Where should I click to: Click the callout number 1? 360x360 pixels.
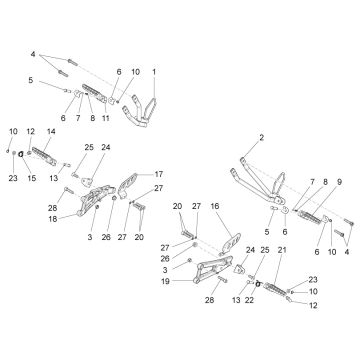(x=154, y=72)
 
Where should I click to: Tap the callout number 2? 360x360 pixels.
(x=262, y=137)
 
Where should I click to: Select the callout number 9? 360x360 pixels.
(x=339, y=182)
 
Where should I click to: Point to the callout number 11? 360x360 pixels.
(x=106, y=118)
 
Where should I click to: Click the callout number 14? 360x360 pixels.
(x=51, y=131)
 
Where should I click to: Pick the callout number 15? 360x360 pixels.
(x=32, y=178)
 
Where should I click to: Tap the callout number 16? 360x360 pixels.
(x=215, y=206)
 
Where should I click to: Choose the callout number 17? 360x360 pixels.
(x=159, y=174)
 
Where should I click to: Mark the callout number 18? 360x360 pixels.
(x=53, y=219)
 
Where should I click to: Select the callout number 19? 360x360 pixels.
(x=165, y=281)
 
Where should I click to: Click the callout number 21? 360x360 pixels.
(x=282, y=250)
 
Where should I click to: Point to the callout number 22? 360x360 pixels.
(x=249, y=300)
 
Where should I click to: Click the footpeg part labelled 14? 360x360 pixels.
(x=44, y=156)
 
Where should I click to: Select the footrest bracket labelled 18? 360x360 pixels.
(x=95, y=200)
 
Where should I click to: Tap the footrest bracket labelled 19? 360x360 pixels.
(x=213, y=268)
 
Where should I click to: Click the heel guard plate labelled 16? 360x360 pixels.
(x=231, y=243)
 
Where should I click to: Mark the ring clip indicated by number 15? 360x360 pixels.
(x=20, y=154)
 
